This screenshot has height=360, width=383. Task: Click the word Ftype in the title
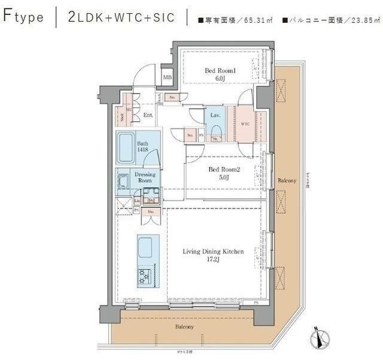tap(24, 16)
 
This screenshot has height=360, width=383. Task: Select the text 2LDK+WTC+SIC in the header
tap(121, 17)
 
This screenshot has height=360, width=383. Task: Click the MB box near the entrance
tap(167, 77)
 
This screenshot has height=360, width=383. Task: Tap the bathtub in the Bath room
tap(126, 147)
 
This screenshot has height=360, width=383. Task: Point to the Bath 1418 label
tap(142, 147)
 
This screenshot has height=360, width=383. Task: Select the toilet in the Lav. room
tap(215, 131)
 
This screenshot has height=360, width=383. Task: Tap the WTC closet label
tap(245, 124)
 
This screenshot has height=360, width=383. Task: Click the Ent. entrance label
tap(148, 115)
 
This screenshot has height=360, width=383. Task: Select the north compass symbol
tap(320, 339)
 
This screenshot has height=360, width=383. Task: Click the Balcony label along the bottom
tap(184, 326)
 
